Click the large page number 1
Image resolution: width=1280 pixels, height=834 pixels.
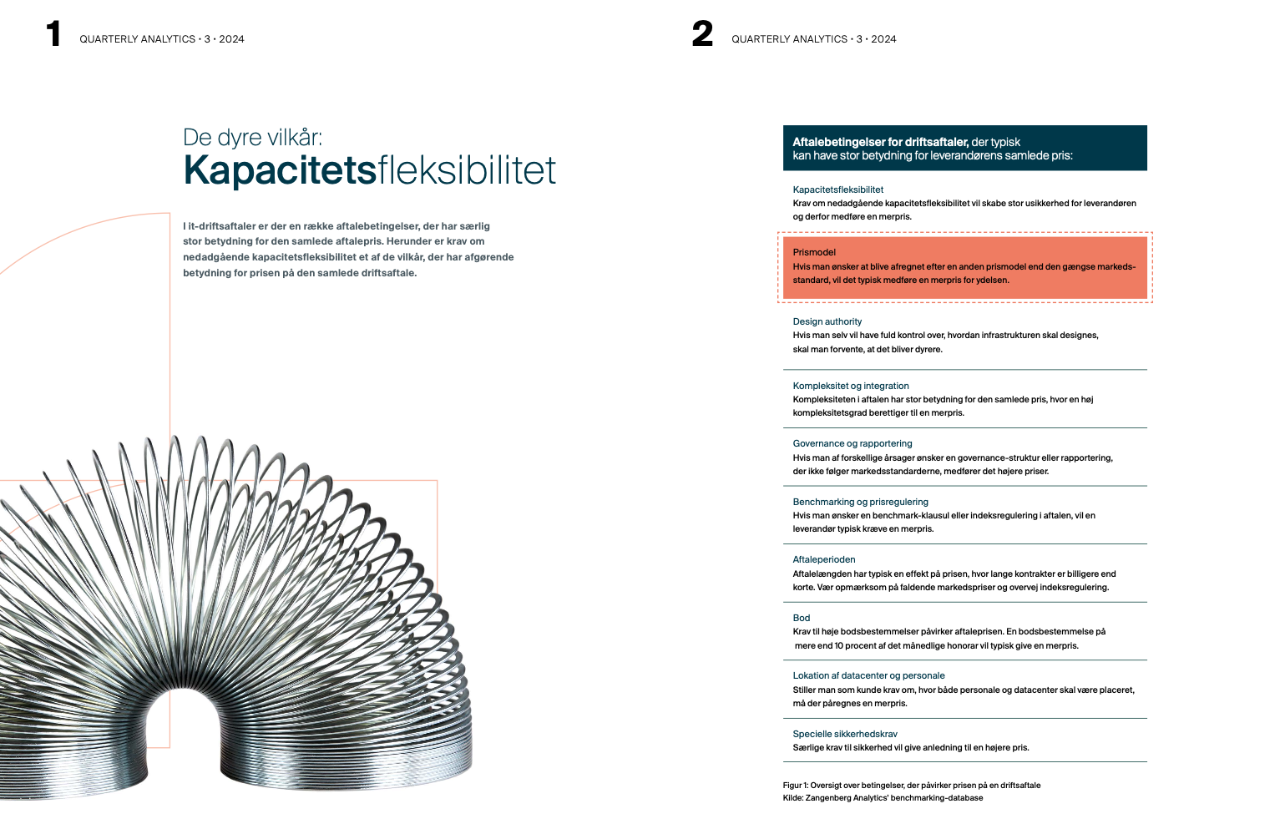(54, 34)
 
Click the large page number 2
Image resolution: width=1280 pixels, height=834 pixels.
(702, 34)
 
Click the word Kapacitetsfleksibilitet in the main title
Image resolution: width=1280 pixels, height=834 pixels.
(369, 170)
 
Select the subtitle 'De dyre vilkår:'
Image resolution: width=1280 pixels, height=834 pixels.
(252, 137)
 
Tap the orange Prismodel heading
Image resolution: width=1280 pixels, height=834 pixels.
(814, 252)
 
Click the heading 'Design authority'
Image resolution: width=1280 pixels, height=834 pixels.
(827, 321)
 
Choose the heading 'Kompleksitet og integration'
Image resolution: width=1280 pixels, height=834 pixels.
(850, 386)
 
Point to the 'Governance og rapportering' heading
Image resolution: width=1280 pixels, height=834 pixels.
(852, 443)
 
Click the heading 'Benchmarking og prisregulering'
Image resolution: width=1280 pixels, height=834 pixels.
(860, 502)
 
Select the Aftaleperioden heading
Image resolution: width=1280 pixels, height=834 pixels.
(823, 559)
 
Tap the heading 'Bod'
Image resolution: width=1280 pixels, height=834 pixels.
(801, 618)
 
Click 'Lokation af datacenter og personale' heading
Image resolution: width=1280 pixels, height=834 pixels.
(868, 675)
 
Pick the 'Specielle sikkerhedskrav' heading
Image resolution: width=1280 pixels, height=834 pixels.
(844, 734)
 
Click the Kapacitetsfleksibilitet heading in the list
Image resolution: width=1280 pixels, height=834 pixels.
(837, 190)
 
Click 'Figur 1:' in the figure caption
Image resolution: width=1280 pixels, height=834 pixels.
(795, 786)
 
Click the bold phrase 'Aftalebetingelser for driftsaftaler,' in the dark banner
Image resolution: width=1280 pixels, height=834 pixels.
(880, 142)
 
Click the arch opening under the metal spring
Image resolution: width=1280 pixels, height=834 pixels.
(183, 735)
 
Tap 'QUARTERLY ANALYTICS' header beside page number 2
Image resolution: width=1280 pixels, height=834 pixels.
(789, 39)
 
